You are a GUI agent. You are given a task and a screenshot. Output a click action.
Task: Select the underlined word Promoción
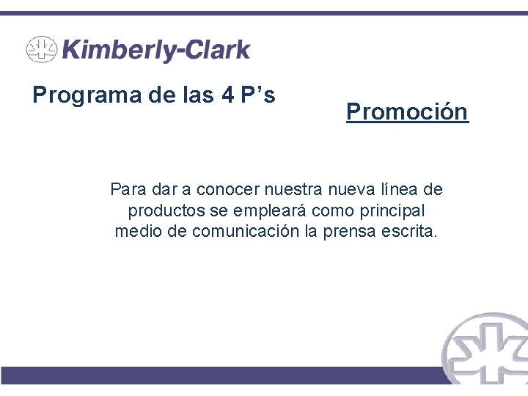click(x=407, y=112)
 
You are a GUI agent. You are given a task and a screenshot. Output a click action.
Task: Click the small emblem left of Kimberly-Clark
click(x=41, y=51)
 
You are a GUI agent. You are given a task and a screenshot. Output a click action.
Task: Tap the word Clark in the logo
click(x=216, y=51)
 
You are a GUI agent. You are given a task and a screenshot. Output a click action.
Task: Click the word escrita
click(x=410, y=232)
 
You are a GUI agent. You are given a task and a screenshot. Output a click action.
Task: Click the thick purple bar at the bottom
click(x=220, y=375)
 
